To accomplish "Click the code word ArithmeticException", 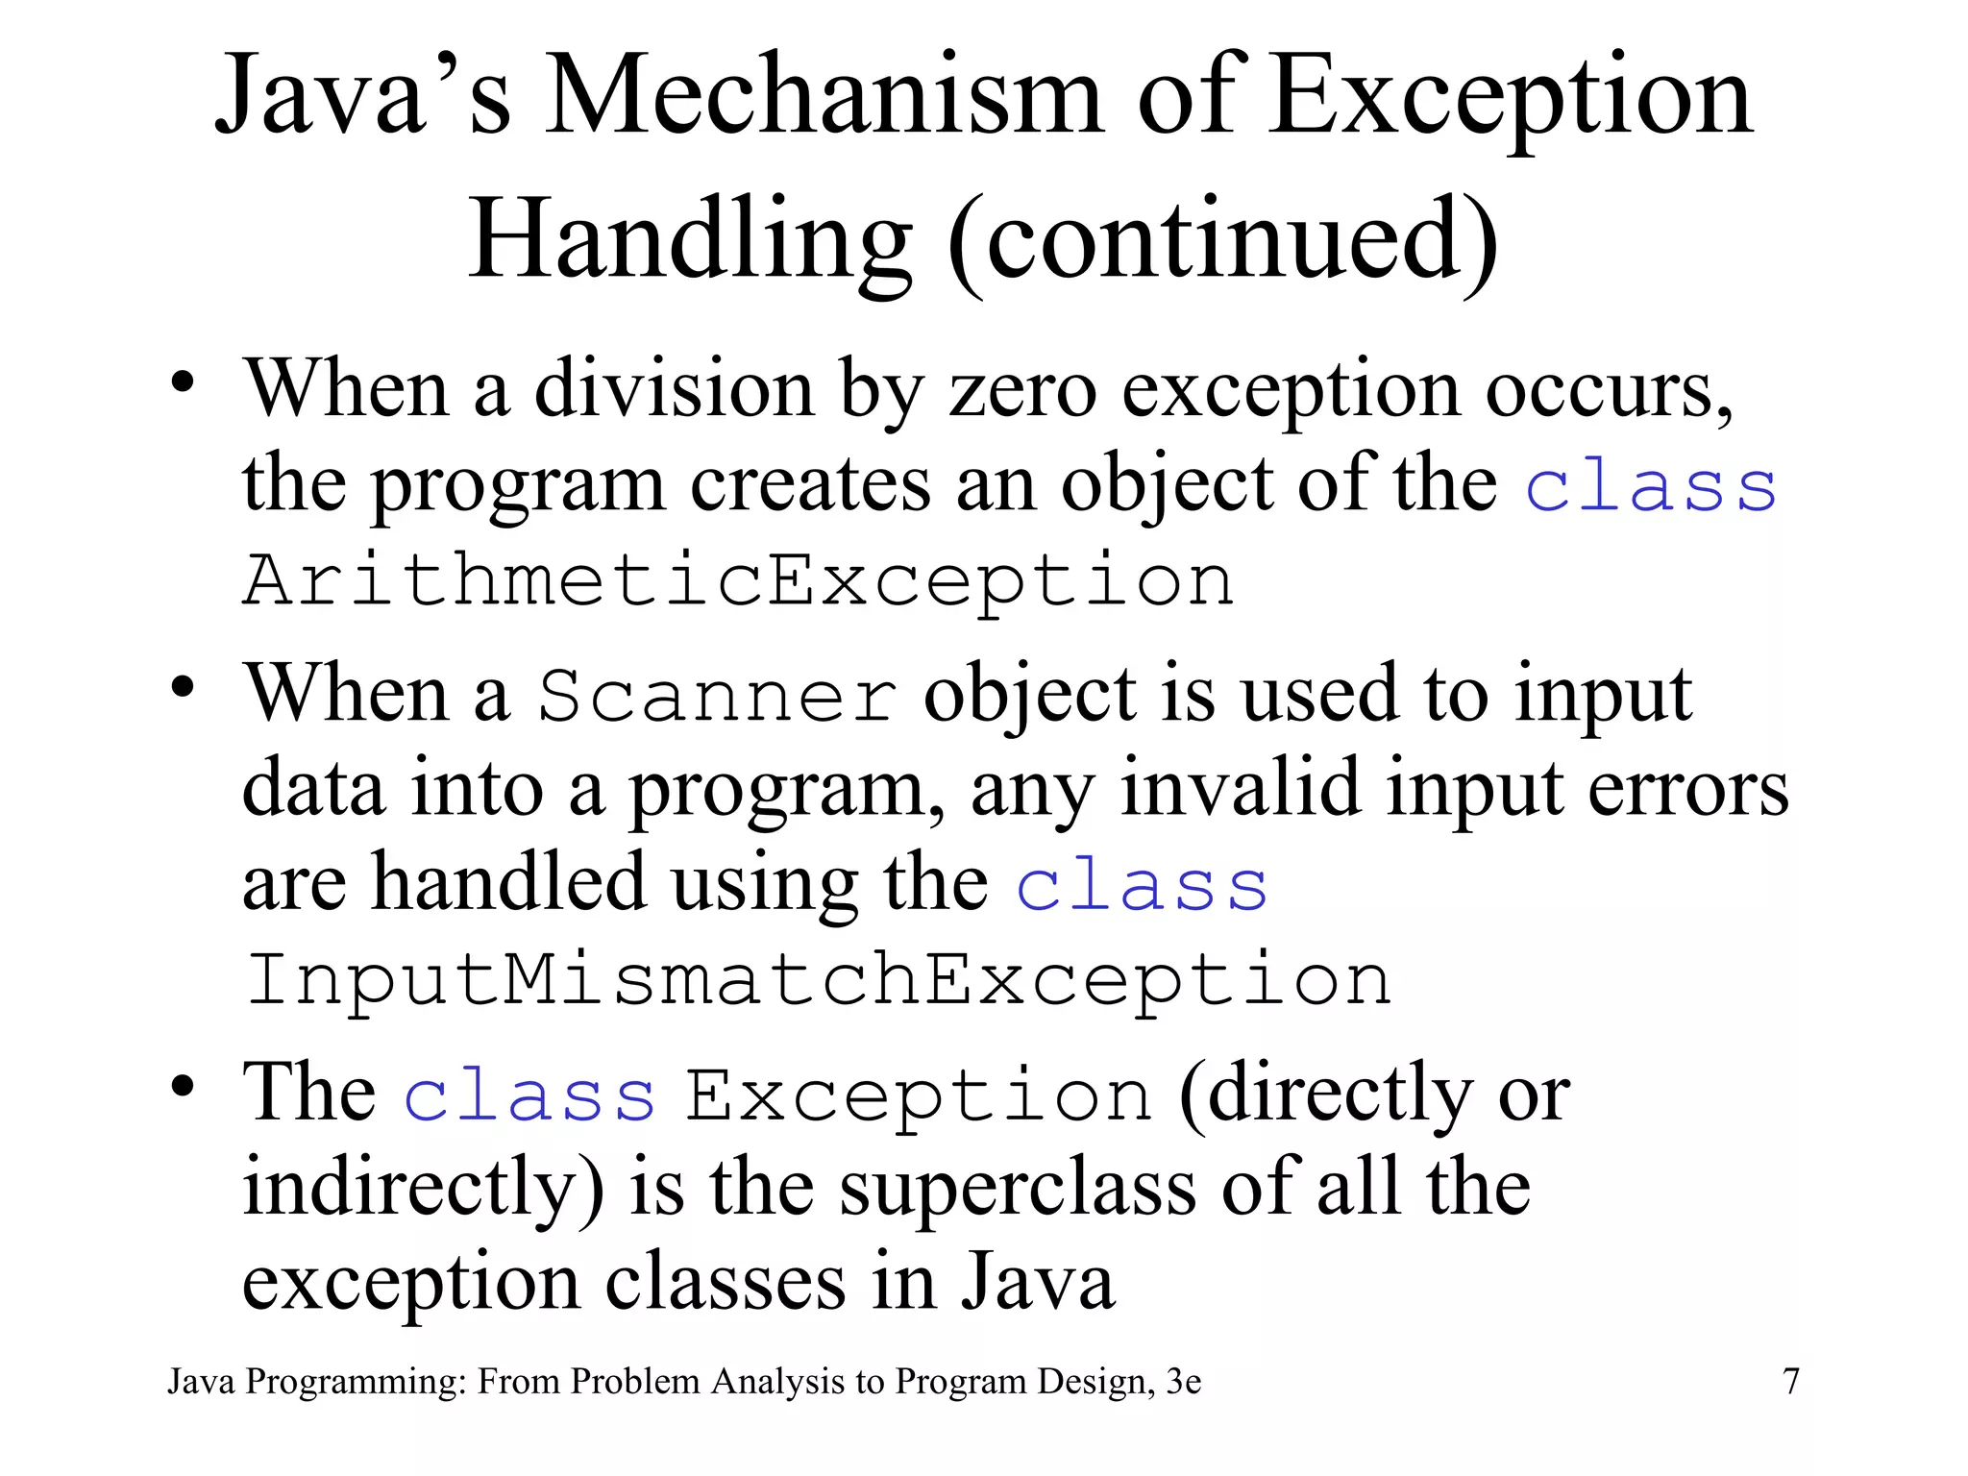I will click(738, 580).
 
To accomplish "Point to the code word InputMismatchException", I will click(818, 980).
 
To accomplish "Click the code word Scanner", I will click(717, 696).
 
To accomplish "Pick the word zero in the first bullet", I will click(1022, 390).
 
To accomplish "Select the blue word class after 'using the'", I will click(1142, 885).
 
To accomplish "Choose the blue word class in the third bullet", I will click(529, 1095).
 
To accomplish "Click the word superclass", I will click(1018, 1188).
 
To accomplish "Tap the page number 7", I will click(1790, 1382).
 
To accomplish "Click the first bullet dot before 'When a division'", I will click(183, 384).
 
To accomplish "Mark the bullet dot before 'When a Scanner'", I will click(183, 688).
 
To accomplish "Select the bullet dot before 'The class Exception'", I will click(183, 1087).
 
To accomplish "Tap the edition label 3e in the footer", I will click(1183, 1382).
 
